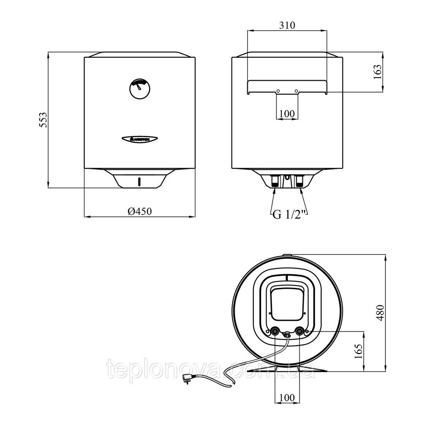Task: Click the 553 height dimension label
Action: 43,120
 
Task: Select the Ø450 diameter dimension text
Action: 140,211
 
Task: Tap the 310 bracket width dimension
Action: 287,25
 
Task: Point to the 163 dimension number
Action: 378,71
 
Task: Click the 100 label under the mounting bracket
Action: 287,114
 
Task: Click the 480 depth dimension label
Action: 380,313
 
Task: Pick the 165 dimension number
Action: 358,352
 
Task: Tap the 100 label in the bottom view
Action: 287,397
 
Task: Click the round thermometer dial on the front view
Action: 140,89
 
